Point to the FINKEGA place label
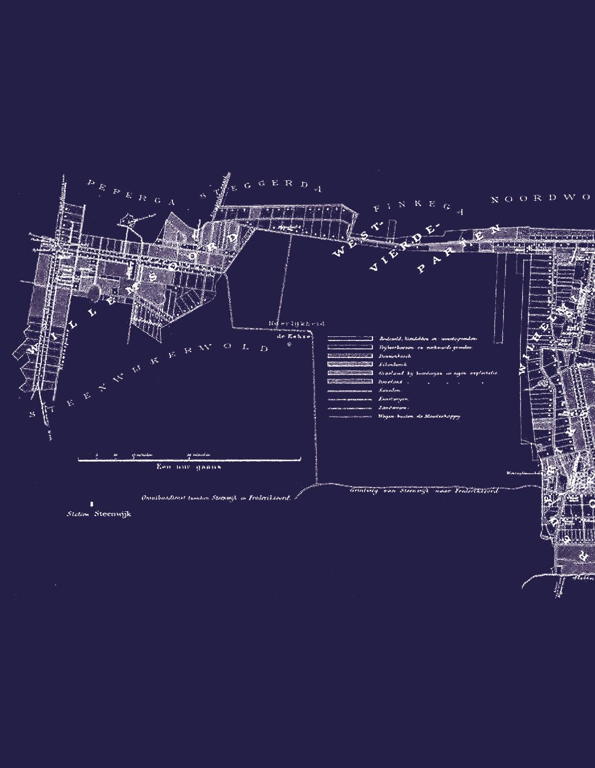tap(419, 206)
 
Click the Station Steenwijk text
tap(99, 514)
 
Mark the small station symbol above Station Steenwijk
tap(92, 503)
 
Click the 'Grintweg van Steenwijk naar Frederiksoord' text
tap(423, 491)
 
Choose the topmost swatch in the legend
tap(350, 339)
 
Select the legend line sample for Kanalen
tap(350, 390)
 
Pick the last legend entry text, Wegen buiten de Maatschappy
tap(419, 416)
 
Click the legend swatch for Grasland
tap(350, 373)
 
